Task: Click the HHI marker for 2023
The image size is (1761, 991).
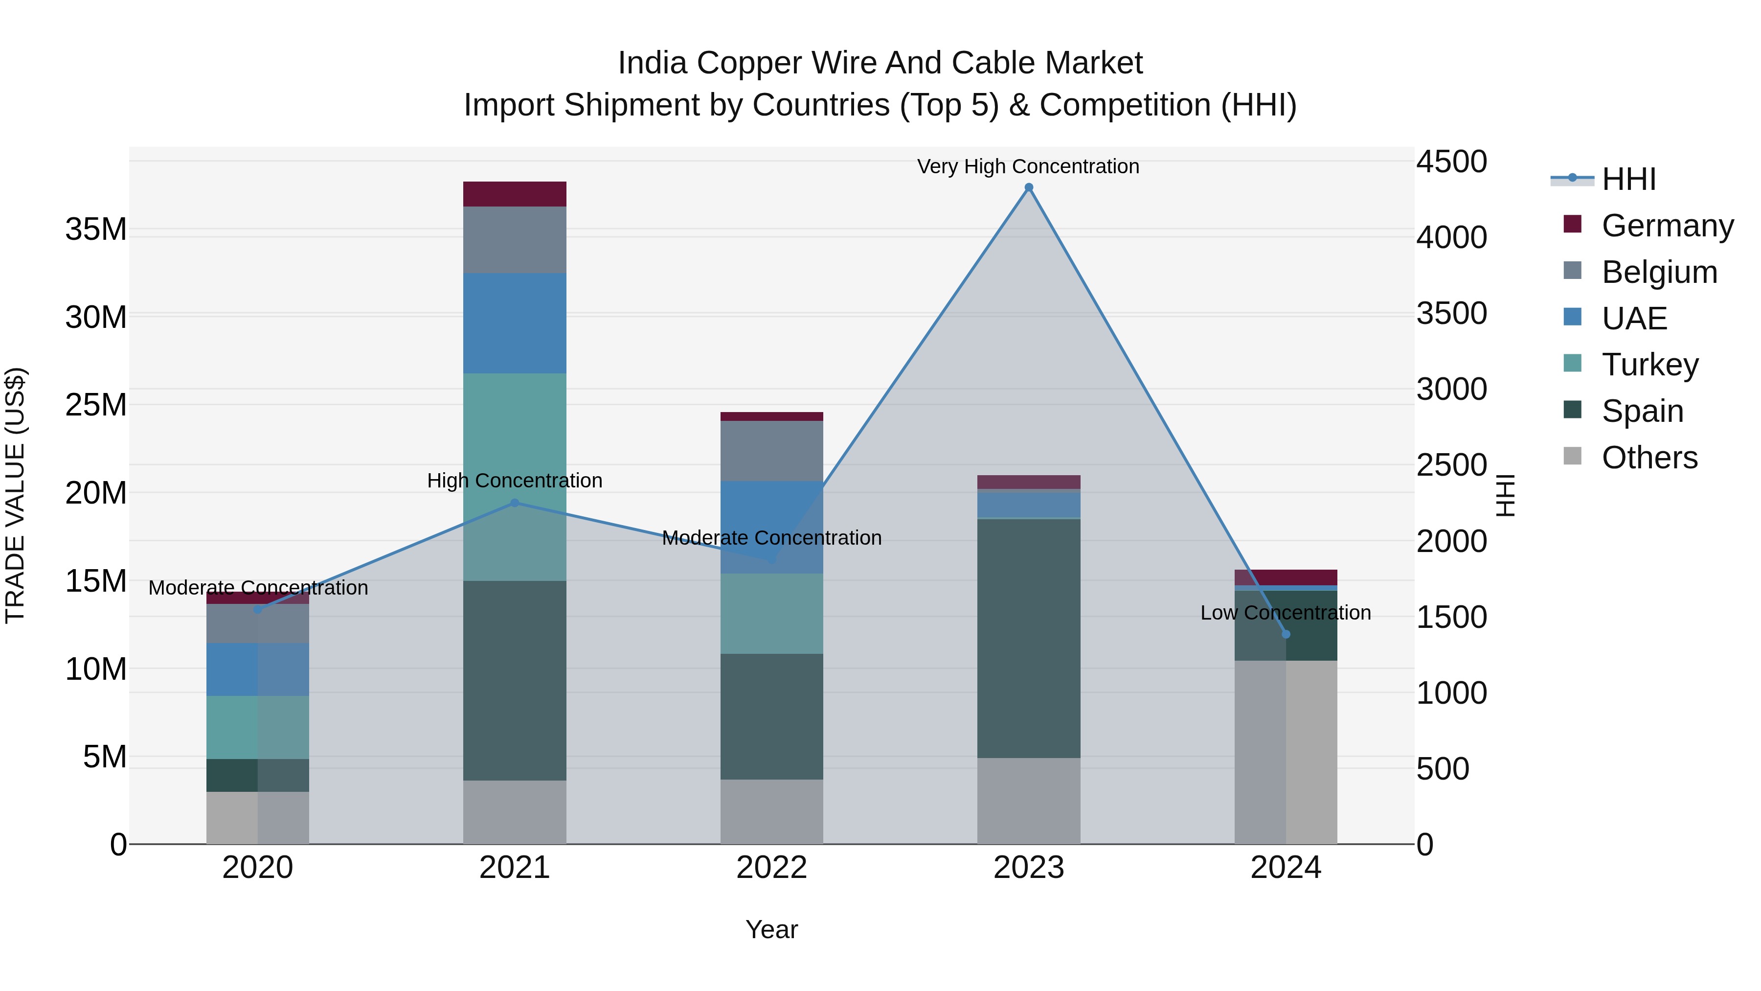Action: pos(1029,187)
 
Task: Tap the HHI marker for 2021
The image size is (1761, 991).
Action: pos(515,503)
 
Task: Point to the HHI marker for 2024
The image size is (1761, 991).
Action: pos(1286,634)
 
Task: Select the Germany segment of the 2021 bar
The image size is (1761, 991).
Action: pos(515,194)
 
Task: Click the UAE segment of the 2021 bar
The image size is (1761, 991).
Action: pos(515,323)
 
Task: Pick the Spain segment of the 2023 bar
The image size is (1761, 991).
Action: pos(1029,638)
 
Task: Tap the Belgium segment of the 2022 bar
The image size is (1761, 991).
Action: pos(772,451)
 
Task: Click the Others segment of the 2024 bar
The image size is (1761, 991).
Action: pos(1286,752)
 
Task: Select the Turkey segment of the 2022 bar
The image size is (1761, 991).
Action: pos(772,614)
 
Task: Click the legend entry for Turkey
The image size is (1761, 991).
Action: pos(1649,365)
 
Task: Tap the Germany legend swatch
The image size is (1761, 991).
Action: pos(1572,224)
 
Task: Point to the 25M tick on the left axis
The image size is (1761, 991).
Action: pos(96,405)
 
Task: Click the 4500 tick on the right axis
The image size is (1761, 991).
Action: pos(1451,162)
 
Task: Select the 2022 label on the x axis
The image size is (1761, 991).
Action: pos(772,868)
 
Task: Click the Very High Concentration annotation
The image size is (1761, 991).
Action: pos(1028,166)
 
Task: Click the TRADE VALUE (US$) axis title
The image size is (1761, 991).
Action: pos(16,495)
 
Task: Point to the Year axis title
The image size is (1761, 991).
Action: pos(772,929)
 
